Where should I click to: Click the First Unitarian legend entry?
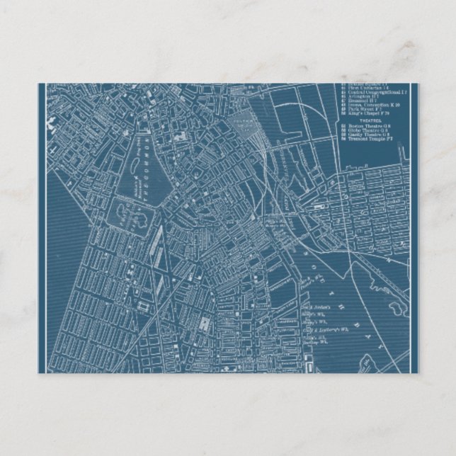point(367,87)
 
